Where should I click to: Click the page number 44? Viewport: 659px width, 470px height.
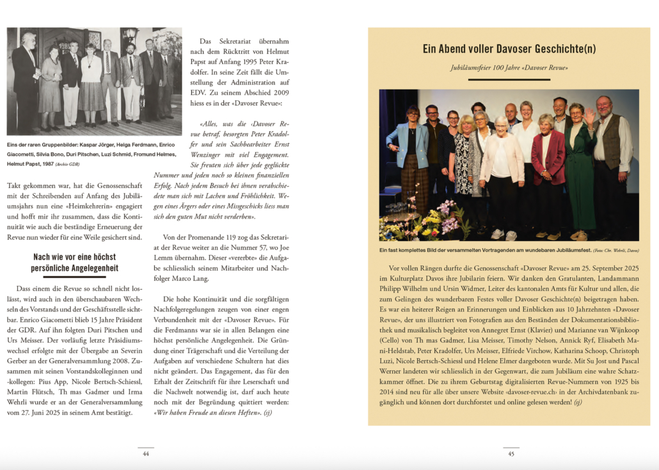[146, 453]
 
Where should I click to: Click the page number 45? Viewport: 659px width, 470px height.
[511, 453]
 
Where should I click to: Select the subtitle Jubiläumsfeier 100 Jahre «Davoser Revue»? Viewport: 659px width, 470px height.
[509, 67]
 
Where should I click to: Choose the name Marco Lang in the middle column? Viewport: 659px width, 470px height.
[251, 278]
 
